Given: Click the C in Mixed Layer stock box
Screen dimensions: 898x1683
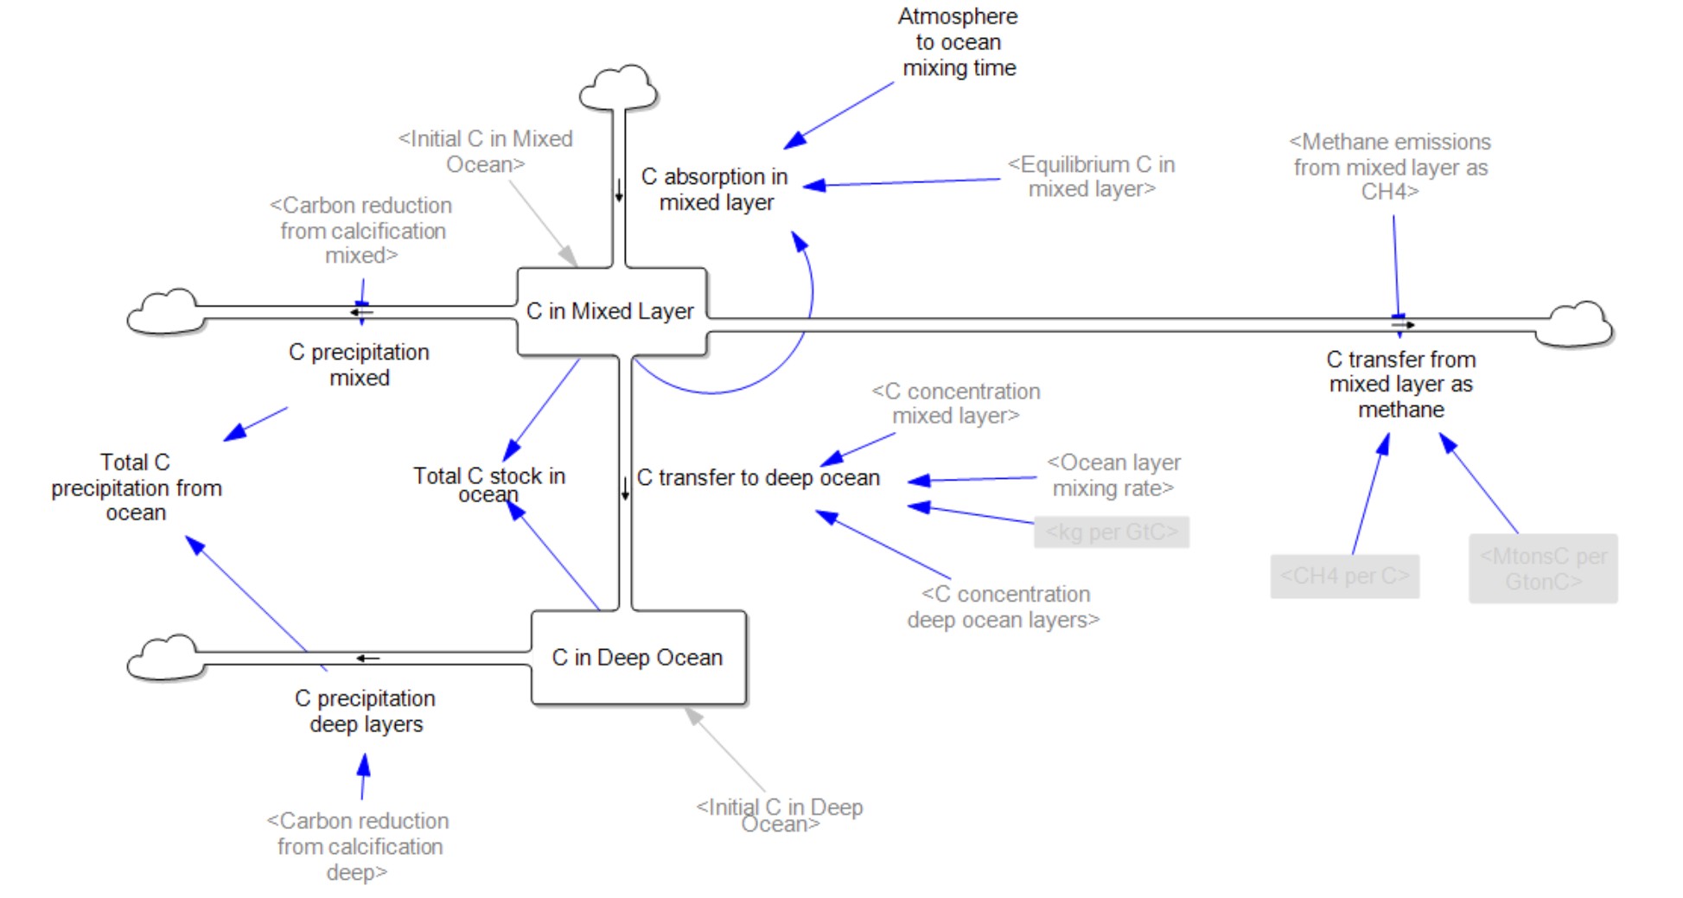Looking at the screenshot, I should pos(611,311).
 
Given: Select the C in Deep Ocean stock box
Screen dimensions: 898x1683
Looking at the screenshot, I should pos(638,658).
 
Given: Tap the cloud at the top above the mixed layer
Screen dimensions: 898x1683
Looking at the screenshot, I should pos(618,88).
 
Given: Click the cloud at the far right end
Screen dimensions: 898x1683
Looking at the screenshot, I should pos(1578,325).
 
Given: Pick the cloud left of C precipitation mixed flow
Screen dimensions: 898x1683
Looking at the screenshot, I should pos(164,312).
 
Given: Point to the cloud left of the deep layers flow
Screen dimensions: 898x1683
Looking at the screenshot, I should pos(164,658).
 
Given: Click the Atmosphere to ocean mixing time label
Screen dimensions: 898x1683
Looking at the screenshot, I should pos(959,42).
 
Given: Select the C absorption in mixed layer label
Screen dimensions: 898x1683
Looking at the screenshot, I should pos(716,189).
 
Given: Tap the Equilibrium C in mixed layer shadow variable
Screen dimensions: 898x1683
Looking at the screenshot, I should pos(1092,176).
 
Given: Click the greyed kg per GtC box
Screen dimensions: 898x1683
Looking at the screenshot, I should pos(1112,532).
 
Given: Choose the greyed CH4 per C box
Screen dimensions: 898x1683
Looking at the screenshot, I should pos(1344,576).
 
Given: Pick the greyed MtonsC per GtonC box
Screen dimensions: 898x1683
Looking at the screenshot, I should pos(1543,569).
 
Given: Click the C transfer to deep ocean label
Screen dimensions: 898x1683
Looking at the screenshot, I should pos(758,478).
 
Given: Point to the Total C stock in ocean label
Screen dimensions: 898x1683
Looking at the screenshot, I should pos(489,484).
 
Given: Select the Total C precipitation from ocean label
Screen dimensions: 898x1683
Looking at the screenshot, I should pos(137,487).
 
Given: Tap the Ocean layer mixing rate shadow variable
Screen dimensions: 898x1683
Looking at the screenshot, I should pos(1113,475).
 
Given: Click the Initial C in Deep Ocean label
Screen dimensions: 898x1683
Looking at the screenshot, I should pos(780,815).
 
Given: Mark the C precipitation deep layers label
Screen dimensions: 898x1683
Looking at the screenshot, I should pos(366,711).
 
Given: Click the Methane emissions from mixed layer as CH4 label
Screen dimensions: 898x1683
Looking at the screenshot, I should pos(1390,167).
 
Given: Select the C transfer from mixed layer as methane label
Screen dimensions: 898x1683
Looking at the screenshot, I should pos(1401,385).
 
